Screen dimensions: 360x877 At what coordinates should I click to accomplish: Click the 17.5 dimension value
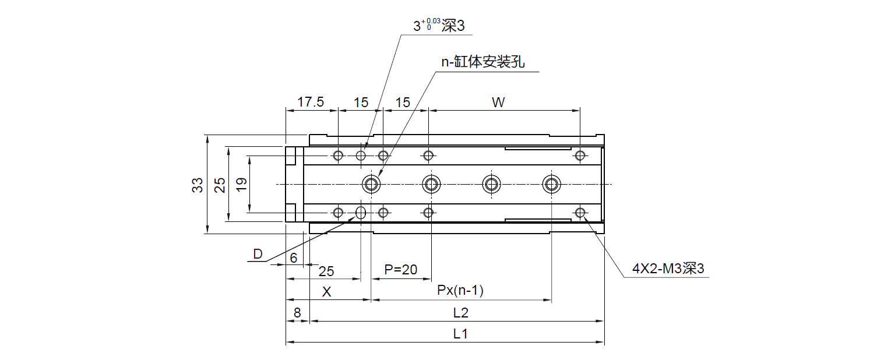tap(311, 103)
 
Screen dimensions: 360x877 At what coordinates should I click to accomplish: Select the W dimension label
tap(498, 103)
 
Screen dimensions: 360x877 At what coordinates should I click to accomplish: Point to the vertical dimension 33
tap(198, 185)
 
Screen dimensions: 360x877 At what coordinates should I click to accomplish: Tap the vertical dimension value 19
tap(242, 185)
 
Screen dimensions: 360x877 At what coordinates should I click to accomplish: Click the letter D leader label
tap(258, 254)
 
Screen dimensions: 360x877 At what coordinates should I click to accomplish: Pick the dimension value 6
tap(294, 257)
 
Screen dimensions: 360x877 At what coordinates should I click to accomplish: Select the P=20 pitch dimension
tap(401, 270)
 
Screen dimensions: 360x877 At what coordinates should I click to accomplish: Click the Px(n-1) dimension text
tap(460, 290)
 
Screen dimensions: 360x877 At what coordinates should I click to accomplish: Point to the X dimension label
tap(327, 292)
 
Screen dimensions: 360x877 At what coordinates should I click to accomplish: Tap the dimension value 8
tap(297, 313)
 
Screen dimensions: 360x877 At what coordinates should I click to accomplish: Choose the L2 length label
tap(460, 313)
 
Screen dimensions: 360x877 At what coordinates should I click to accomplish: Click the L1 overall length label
tap(460, 334)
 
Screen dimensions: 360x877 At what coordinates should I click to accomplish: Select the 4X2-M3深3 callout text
tap(668, 269)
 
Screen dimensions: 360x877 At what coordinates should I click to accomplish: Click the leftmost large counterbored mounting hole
tap(371, 185)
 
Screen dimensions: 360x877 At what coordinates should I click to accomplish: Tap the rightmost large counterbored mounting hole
tap(551, 185)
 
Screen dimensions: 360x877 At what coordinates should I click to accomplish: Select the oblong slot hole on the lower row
tap(361, 212)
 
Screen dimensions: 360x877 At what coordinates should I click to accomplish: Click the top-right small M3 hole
tap(579, 155)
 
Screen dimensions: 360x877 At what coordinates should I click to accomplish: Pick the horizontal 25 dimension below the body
tap(326, 271)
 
